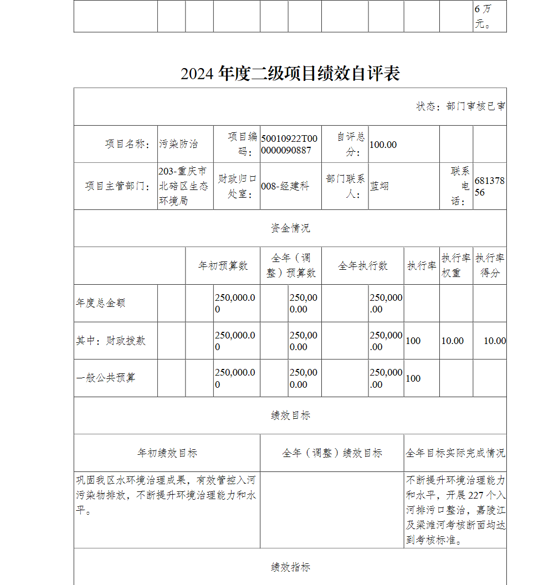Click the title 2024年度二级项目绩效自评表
[x=290, y=73]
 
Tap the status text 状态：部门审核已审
[x=460, y=106]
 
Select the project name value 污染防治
[x=178, y=144]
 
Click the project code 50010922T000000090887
[x=290, y=144]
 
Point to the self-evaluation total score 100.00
[x=383, y=145]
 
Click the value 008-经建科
[x=285, y=187]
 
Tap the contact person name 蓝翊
[x=379, y=187]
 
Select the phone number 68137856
[x=489, y=187]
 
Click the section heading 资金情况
[x=290, y=228]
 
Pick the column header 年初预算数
[x=223, y=266]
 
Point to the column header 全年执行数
[x=363, y=266]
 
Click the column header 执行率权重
[x=456, y=265]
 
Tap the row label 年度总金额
[x=101, y=303]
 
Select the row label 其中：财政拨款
[x=111, y=341]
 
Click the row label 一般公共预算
[x=105, y=378]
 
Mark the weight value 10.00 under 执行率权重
[x=452, y=341]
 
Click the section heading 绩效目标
[x=290, y=415]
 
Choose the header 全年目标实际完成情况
[x=455, y=453]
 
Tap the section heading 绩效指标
[x=290, y=567]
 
